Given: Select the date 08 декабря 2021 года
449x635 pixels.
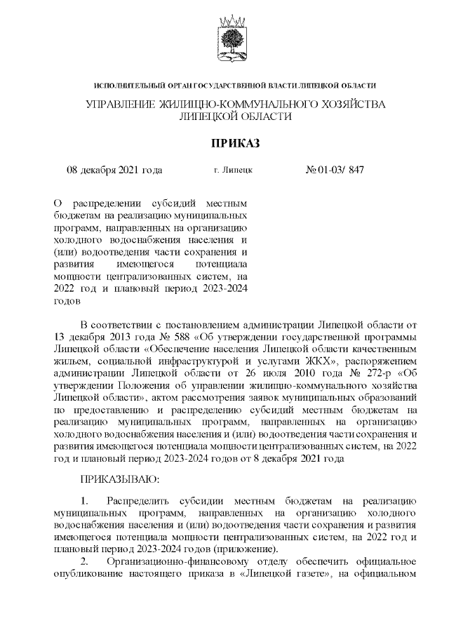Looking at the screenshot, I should tap(114, 170).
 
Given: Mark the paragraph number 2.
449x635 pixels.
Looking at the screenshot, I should tap(85, 561).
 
